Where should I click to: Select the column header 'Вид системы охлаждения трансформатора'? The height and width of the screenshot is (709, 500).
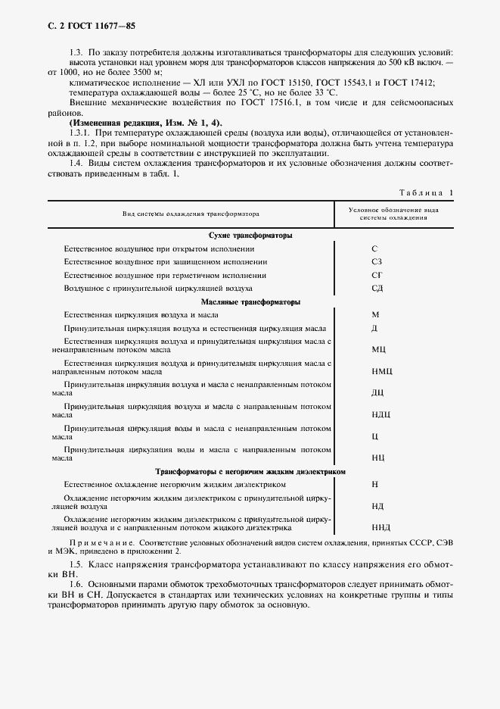pyautogui.click(x=191, y=214)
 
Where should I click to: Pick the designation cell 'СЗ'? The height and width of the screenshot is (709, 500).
pyautogui.click(x=376, y=261)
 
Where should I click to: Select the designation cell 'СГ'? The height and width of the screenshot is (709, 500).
pyautogui.click(x=376, y=275)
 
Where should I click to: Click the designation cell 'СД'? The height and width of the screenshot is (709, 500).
pyautogui.click(x=376, y=288)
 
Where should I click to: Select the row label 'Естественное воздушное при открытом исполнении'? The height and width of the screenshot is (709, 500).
pyautogui.click(x=159, y=248)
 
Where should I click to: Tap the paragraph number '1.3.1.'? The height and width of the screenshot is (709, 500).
pyautogui.click(x=79, y=133)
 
